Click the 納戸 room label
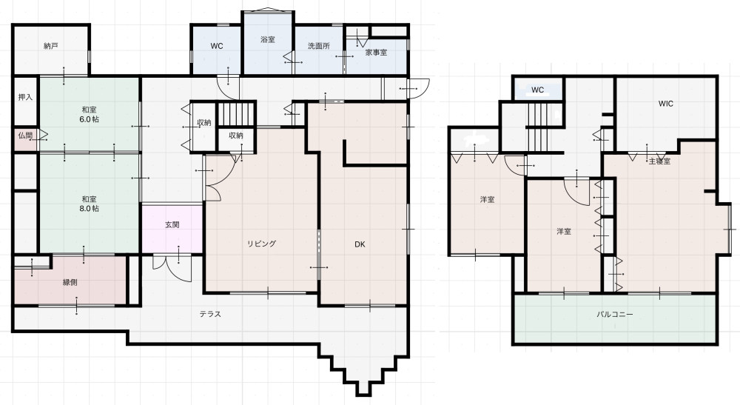[50, 46]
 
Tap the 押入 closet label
[25, 97]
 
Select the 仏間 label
[25, 135]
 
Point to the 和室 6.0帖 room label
[89, 115]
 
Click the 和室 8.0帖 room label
[89, 204]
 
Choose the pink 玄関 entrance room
[172, 229]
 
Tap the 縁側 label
[70, 283]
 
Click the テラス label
[210, 314]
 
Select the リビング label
[261, 244]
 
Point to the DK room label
[360, 244]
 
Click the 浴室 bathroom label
[268, 40]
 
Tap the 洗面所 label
[318, 46]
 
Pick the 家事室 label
[376, 53]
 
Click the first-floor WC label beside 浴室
[217, 46]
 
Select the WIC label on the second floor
[666, 104]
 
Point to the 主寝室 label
[659, 161]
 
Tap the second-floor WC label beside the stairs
[537, 90]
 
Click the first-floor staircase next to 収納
[236, 114]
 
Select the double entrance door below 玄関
[172, 267]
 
